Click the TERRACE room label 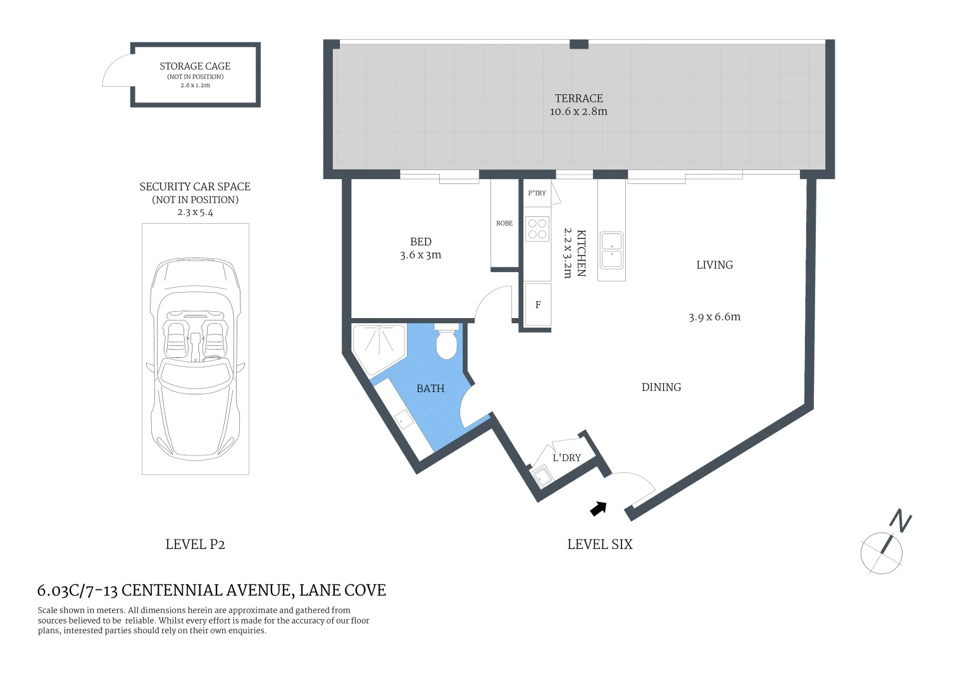(578, 99)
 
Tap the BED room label (421, 242)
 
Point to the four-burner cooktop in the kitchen (537, 229)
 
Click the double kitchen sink (611, 250)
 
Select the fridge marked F (538, 305)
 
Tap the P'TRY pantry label (537, 194)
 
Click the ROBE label (504, 223)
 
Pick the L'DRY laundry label (566, 458)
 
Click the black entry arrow (598, 508)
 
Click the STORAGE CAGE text (195, 66)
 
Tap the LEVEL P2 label (195, 545)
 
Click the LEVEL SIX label (599, 545)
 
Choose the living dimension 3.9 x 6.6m (714, 317)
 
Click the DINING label (661, 388)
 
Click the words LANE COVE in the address (342, 591)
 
